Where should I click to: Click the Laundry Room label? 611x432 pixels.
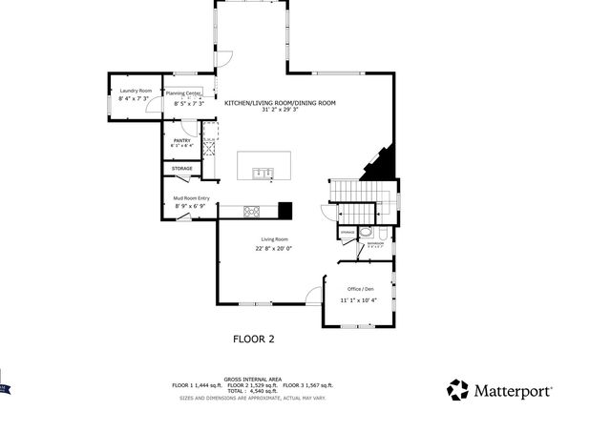pyautogui.click(x=135, y=91)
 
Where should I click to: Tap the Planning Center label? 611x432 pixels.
pyautogui.click(x=183, y=93)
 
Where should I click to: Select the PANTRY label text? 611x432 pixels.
pyautogui.click(x=182, y=141)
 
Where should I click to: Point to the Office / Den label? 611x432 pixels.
pyautogui.click(x=358, y=289)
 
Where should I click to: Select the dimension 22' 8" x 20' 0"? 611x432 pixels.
pyautogui.click(x=274, y=249)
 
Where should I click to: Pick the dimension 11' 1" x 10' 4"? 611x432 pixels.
pyautogui.click(x=358, y=300)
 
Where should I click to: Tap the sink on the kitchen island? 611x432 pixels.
pyautogui.click(x=263, y=173)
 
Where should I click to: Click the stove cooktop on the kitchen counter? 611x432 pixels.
pyautogui.click(x=253, y=211)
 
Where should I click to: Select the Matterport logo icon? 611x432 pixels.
pyautogui.click(x=458, y=389)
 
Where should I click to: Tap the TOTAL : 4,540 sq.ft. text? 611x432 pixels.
pyautogui.click(x=253, y=391)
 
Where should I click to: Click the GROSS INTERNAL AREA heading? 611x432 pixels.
pyautogui.click(x=253, y=379)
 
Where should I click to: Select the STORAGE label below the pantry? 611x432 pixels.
pyautogui.click(x=181, y=169)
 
